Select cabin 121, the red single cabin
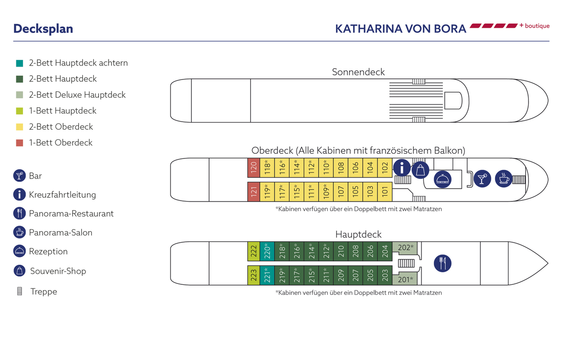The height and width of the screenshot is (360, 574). tap(254, 191)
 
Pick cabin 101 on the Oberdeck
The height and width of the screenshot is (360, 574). tap(385, 191)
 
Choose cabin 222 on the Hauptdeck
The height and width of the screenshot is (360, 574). tap(254, 251)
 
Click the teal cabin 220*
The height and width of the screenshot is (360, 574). tap(268, 251)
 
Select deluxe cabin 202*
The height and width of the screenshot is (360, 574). tap(405, 248)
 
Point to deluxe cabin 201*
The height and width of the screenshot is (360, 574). tap(405, 279)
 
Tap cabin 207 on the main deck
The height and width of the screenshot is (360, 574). tap(355, 275)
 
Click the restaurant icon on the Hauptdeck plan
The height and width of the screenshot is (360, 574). tap(442, 263)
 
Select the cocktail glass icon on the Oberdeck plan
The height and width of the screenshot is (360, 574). tap(482, 178)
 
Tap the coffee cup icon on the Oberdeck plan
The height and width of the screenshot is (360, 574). tap(503, 178)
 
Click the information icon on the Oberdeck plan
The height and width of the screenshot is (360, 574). tap(402, 168)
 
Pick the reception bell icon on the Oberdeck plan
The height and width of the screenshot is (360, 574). tap(442, 179)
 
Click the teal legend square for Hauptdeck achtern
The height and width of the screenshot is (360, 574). tap(20, 63)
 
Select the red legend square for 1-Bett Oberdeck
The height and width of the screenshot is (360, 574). tap(20, 143)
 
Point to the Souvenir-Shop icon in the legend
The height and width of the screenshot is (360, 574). tap(20, 270)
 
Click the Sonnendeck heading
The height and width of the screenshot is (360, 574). tap(358, 72)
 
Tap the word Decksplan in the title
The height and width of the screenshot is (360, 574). tap(43, 29)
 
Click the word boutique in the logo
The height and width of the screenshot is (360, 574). tap(537, 26)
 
